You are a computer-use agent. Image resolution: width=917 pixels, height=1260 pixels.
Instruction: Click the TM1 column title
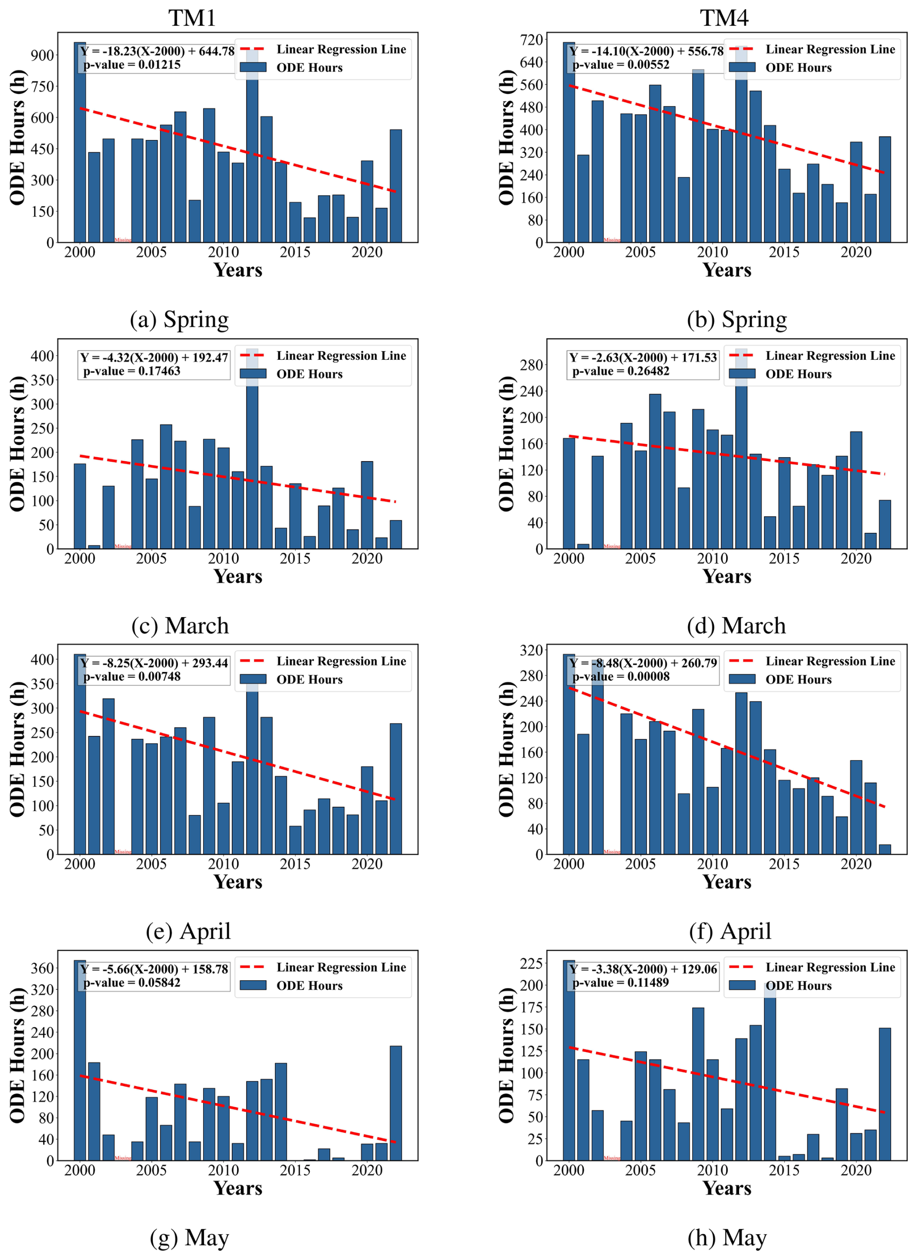(x=192, y=18)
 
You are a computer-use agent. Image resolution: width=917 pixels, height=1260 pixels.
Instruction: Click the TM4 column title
(x=724, y=18)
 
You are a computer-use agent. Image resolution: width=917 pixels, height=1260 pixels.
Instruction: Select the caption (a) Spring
(x=179, y=319)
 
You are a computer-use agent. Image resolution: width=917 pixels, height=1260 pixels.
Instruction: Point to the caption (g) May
(x=189, y=1237)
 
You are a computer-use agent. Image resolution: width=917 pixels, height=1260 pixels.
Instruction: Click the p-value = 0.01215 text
(x=132, y=64)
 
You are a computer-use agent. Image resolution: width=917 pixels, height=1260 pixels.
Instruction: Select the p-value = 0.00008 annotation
(x=620, y=677)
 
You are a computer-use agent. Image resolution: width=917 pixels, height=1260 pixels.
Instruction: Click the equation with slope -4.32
(x=154, y=357)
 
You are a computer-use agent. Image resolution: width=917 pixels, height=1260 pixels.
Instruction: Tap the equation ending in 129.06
(x=643, y=970)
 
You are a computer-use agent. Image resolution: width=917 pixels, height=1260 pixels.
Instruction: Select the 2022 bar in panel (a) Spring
(x=395, y=186)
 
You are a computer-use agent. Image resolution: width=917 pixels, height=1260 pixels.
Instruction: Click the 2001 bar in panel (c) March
(x=94, y=547)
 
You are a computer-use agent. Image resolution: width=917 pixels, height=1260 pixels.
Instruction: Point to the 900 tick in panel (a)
(x=42, y=55)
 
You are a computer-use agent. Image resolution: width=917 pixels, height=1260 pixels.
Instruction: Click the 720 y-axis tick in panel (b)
(x=532, y=39)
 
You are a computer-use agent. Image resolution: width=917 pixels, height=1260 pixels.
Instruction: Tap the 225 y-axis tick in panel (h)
(x=532, y=963)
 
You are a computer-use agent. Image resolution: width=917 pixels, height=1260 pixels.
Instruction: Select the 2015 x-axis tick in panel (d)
(x=784, y=558)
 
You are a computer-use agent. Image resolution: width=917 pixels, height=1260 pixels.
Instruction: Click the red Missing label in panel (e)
(x=123, y=852)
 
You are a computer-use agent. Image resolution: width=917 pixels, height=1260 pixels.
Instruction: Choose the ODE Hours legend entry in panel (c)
(x=309, y=374)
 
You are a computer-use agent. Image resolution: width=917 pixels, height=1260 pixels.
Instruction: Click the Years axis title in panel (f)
(x=727, y=882)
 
